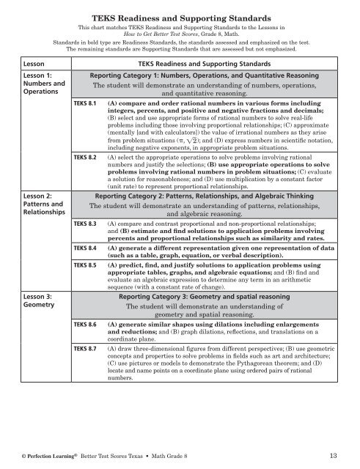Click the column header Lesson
[17, 64]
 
